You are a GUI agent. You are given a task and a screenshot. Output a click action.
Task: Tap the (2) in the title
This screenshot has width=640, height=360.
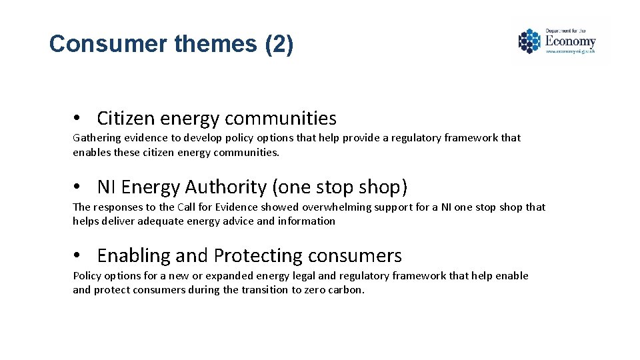tap(279, 44)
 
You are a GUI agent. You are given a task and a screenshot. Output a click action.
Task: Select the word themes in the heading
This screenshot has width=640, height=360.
tap(215, 44)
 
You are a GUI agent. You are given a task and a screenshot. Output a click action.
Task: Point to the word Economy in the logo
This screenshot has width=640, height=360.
tap(570, 41)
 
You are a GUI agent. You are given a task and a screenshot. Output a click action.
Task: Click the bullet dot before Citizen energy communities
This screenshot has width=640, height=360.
tap(78, 119)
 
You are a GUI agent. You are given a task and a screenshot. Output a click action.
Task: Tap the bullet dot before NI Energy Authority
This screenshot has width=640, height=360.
tap(78, 187)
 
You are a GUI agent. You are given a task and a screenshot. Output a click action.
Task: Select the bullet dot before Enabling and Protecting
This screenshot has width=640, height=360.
tap(78, 256)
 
